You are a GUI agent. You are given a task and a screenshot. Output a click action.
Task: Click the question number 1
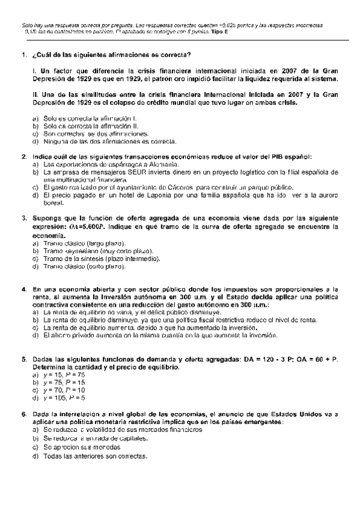pos(23,55)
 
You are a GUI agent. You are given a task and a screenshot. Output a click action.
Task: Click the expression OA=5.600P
pos(87,227)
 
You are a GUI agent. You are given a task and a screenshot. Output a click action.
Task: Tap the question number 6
pos(23,414)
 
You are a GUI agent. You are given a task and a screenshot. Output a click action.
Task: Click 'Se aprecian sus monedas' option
pos(77,447)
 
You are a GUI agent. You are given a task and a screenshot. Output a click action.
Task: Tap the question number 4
pos(23,289)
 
